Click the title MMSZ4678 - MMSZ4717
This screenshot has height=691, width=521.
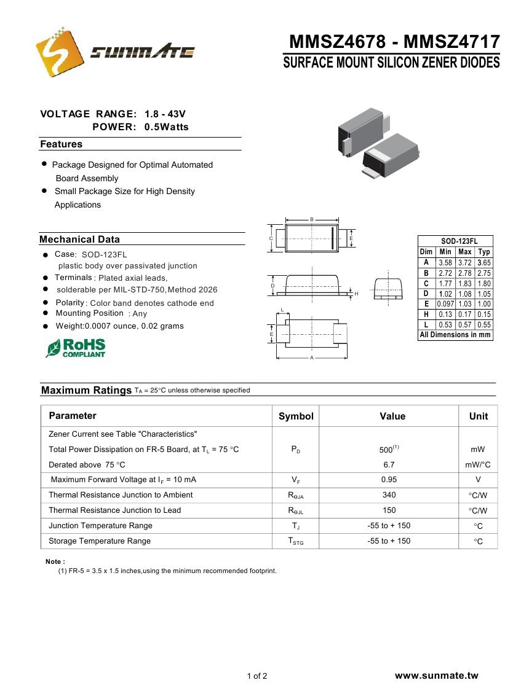pyautogui.click(x=394, y=42)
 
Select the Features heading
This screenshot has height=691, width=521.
pyautogui.click(x=61, y=144)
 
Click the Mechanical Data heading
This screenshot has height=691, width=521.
pyautogui.click(x=79, y=240)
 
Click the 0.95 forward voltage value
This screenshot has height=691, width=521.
pyautogui.click(x=389, y=480)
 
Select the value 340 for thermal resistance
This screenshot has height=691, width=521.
pyautogui.click(x=389, y=495)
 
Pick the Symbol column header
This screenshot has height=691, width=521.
pyautogui.click(x=296, y=416)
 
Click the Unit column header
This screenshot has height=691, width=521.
pyautogui.click(x=478, y=416)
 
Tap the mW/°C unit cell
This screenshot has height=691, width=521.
pyautogui.click(x=478, y=465)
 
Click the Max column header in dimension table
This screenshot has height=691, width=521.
pyautogui.click(x=465, y=252)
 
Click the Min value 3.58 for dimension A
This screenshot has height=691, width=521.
pyautogui.click(x=445, y=262)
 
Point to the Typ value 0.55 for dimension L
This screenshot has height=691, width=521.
pyautogui.click(x=484, y=325)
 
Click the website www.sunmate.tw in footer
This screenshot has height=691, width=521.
pyautogui.click(x=436, y=676)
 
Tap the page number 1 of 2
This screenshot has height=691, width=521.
pyautogui.click(x=257, y=677)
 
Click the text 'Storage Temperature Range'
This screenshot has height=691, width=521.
pyautogui.click(x=100, y=541)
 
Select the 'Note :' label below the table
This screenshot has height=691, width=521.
pyautogui.click(x=55, y=561)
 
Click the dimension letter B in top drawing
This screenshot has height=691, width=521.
pyautogui.click(x=312, y=219)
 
